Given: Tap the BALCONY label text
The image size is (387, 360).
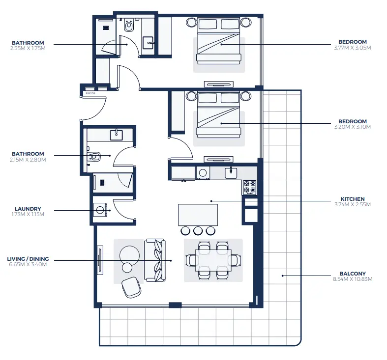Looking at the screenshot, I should tap(352, 274).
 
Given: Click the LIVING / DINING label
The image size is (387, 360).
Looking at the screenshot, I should tap(28, 259).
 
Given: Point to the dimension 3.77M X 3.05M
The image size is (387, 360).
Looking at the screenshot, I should tap(352, 48).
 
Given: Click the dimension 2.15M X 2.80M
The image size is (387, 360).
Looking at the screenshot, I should tap(28, 160).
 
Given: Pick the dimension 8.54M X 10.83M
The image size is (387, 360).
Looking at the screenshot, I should tap(352, 279).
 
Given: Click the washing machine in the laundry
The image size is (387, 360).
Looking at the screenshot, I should tap(101, 210).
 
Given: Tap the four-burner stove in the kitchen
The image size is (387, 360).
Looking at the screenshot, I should tap(249, 187).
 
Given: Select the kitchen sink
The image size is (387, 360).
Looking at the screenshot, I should tap(231, 173).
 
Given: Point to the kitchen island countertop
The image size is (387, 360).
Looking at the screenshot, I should tap(198, 215).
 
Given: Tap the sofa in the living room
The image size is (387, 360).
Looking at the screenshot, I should tap(155, 260).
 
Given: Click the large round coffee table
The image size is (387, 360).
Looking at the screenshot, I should tap(130, 254).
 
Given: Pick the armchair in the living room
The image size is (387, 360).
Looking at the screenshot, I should tap(131, 287).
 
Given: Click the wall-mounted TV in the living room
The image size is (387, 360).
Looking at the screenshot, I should tap(100, 260).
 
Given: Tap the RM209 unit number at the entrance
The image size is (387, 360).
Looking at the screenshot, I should tap(90, 93).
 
